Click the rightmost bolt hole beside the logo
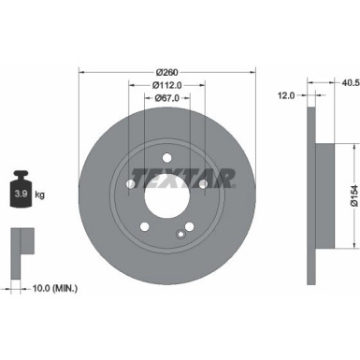point(203,184)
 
